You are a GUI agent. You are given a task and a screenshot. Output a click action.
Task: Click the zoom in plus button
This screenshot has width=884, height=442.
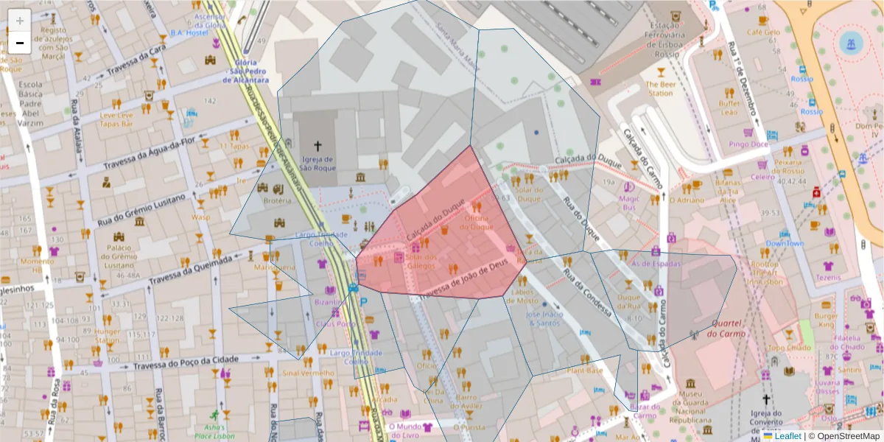click(20, 21)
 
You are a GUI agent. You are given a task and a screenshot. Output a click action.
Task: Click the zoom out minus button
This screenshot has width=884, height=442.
click(20, 43)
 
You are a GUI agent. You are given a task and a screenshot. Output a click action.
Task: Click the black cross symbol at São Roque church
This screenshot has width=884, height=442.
click(318, 146)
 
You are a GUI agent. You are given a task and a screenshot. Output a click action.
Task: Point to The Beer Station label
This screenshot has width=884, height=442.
click(660, 89)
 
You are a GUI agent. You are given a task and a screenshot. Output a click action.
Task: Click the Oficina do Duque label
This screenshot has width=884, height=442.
click(478, 222)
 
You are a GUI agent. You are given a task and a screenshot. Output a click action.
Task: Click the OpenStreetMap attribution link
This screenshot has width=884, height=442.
click(843, 435)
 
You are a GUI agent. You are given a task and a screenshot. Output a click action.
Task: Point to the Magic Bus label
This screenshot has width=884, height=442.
click(629, 203)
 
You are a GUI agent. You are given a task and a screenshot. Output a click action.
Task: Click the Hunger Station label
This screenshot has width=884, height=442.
click(107, 336)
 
